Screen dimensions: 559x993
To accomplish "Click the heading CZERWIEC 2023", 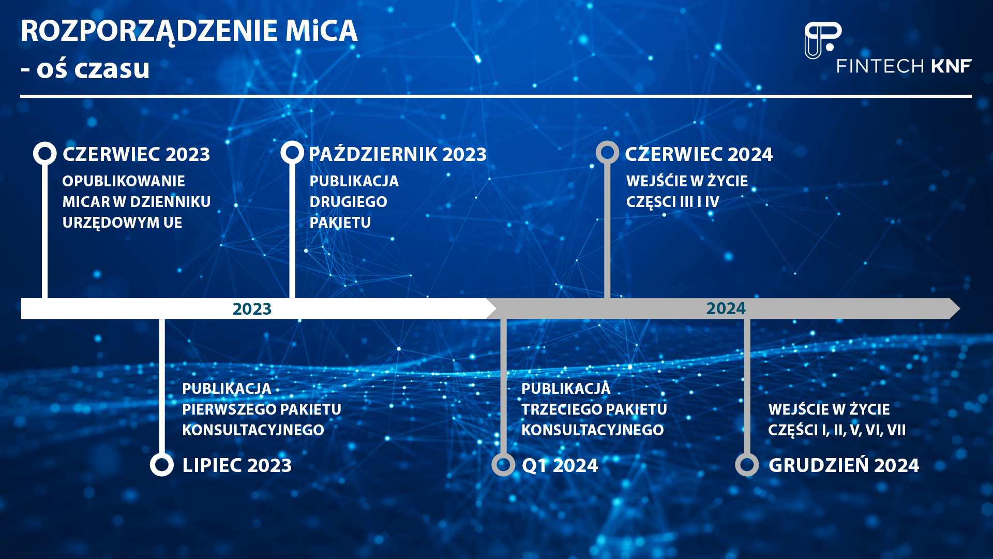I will coord(136,154).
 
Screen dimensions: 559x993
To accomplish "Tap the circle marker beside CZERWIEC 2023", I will coord(45,153).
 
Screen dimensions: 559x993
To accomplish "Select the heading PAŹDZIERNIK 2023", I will coord(397,154).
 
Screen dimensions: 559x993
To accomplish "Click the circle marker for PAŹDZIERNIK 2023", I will coord(292,153).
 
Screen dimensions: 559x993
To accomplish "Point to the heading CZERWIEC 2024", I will coord(698,154).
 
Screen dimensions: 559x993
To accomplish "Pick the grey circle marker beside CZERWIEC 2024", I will coord(607,153).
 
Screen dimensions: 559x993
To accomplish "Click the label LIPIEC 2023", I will coord(237,465).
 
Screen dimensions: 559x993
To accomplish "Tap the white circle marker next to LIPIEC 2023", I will coord(162,464).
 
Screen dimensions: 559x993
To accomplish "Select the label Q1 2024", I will coord(560,465).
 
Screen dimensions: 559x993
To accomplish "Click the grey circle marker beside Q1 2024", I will coord(503,464).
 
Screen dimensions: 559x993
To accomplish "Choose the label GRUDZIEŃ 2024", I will coord(844,465).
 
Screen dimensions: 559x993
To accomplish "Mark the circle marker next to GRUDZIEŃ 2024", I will coord(747,464).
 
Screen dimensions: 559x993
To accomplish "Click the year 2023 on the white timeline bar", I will coord(252,309).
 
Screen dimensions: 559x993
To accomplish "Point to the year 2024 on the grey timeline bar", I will coord(726,308).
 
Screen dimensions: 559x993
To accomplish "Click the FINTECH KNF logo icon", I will coord(822,40).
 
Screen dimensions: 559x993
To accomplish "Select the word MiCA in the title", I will coord(321,31).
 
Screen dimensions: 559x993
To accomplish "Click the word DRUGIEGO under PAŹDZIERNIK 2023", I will coord(348,202).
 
